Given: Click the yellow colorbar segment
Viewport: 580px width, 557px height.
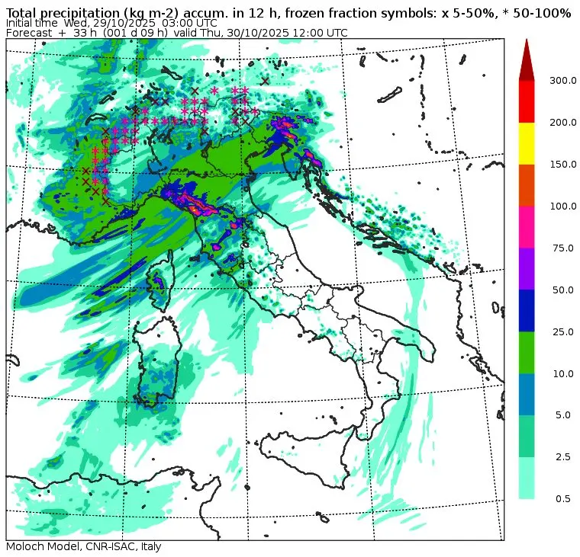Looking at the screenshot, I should (527, 143).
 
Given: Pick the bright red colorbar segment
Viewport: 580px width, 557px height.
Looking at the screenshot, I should (527, 101).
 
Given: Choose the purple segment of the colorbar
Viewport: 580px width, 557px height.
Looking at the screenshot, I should (527, 268).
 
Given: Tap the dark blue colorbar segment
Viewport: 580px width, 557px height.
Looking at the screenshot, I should (527, 310).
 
